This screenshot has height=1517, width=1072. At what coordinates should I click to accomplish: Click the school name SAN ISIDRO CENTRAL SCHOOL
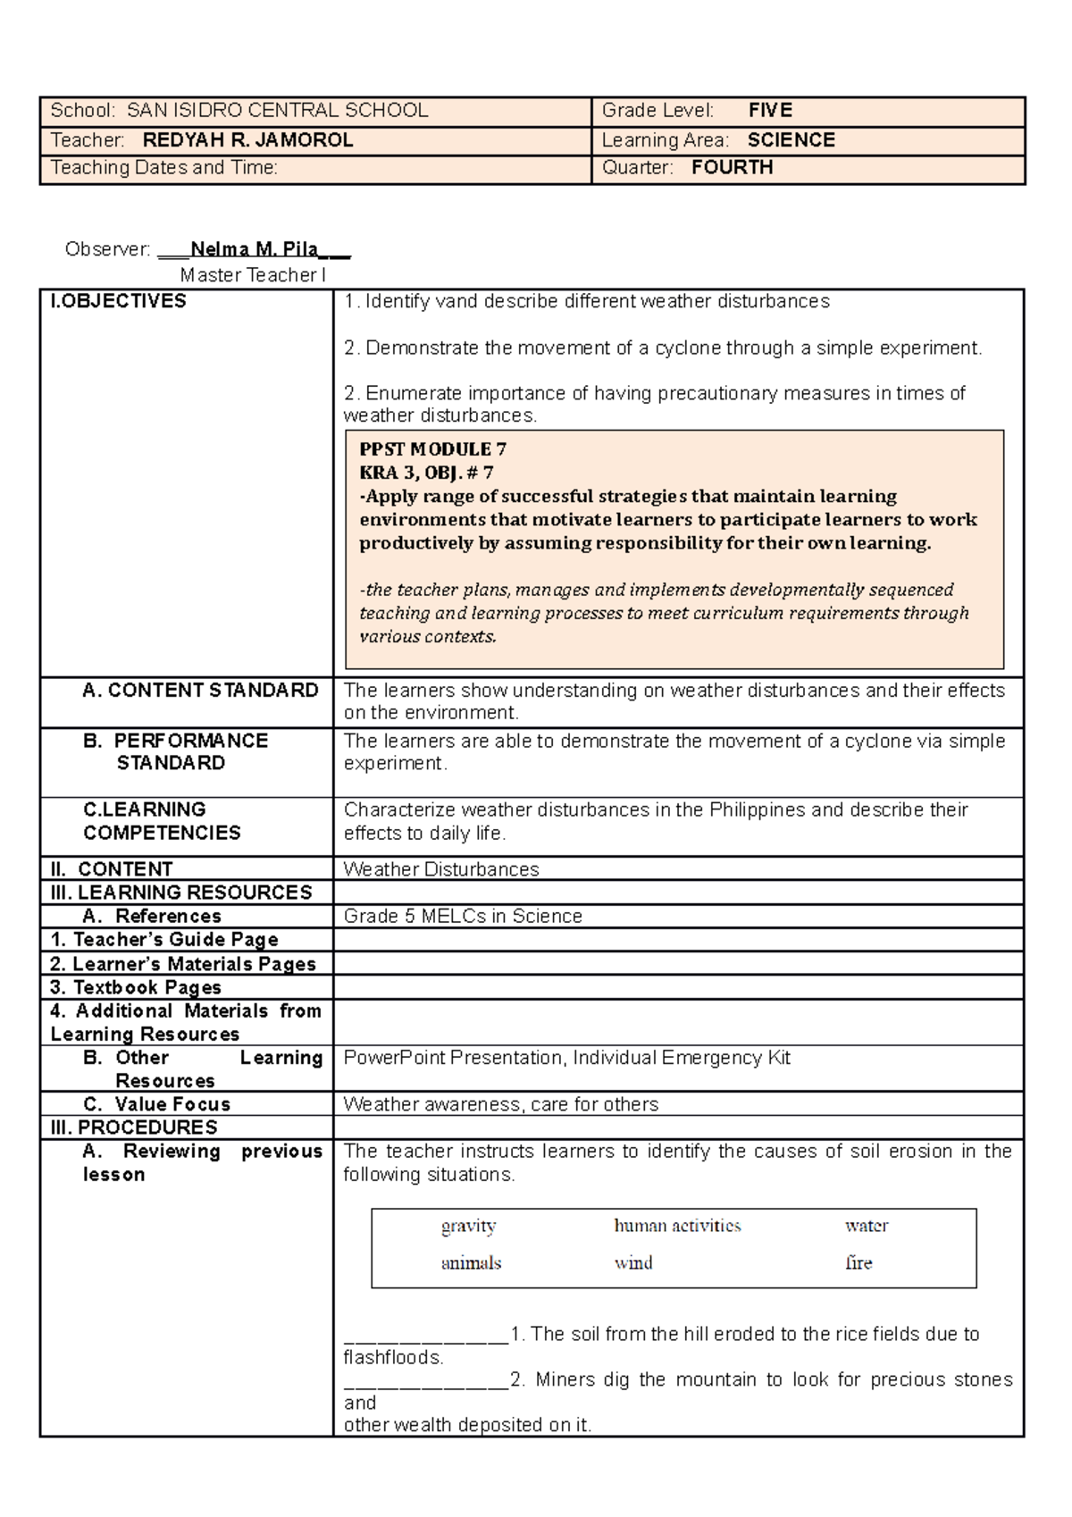pos(277,111)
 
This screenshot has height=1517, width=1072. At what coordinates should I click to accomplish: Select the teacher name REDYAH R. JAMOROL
pos(247,140)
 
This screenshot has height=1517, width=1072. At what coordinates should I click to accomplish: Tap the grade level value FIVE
pos(770,111)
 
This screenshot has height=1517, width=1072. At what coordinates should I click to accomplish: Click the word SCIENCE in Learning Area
pos(791,140)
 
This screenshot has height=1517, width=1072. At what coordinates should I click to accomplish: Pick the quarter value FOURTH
pos(732,168)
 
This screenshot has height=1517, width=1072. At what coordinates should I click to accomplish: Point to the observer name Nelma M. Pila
pos(255,249)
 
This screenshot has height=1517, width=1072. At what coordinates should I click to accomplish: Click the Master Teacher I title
pos(253,275)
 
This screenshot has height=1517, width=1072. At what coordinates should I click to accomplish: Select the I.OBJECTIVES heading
pos(118,301)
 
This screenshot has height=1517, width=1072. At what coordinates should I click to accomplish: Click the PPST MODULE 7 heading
pos(432,449)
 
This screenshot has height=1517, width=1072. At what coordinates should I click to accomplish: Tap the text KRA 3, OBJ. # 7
pos(426,473)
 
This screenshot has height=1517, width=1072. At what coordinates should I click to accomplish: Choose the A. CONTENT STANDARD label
pos(200,691)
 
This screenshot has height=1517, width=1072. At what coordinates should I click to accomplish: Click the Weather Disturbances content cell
pos(441,869)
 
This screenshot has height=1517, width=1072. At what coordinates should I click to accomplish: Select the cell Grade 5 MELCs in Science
pos(463,916)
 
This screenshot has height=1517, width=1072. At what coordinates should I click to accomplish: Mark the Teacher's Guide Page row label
pos(164,940)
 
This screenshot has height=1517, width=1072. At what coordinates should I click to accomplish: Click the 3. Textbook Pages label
pos(136,987)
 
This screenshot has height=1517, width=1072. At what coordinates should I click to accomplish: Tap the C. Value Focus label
pos(156,1104)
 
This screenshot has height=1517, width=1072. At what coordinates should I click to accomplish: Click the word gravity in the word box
pos(468,1227)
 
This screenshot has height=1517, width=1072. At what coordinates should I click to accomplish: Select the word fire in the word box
pos(858,1263)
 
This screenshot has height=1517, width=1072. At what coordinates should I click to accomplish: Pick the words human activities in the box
pos(677,1226)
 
